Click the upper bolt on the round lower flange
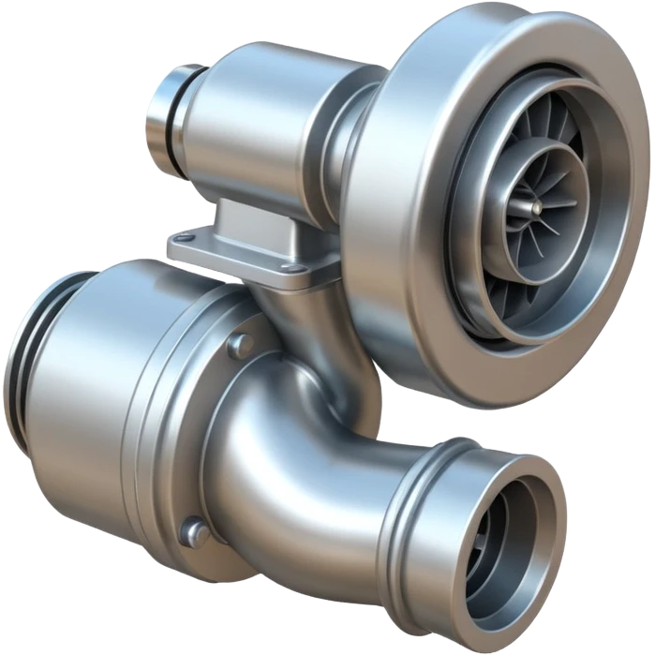click(x=240, y=344)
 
